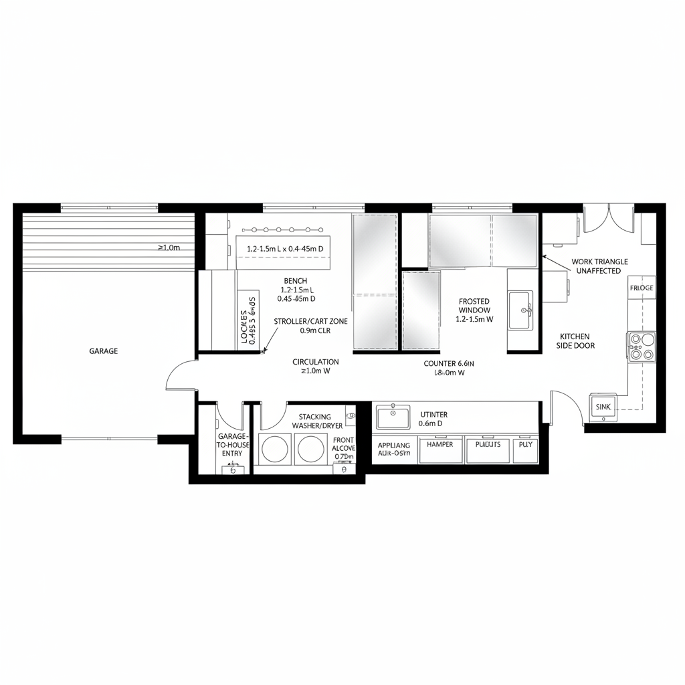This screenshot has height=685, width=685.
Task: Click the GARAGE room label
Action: click(x=103, y=351)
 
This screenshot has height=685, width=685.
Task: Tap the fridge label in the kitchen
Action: click(x=641, y=288)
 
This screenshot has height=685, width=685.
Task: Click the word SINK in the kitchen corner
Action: click(x=603, y=407)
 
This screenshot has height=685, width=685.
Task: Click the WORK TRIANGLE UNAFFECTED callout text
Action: click(x=599, y=266)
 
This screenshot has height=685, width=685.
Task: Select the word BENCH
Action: click(x=296, y=280)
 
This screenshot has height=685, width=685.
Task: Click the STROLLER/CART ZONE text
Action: click(x=310, y=322)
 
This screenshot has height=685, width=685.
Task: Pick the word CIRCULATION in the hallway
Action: click(x=316, y=362)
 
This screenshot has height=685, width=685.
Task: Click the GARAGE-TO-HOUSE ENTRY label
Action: click(x=231, y=445)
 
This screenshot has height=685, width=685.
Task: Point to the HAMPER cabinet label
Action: click(x=439, y=444)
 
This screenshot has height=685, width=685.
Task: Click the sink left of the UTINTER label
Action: click(x=393, y=417)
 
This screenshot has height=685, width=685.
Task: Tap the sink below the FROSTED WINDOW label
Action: click(x=520, y=310)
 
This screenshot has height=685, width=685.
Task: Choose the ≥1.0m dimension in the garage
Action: click(x=169, y=248)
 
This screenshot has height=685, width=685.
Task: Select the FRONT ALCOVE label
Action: click(x=343, y=448)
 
